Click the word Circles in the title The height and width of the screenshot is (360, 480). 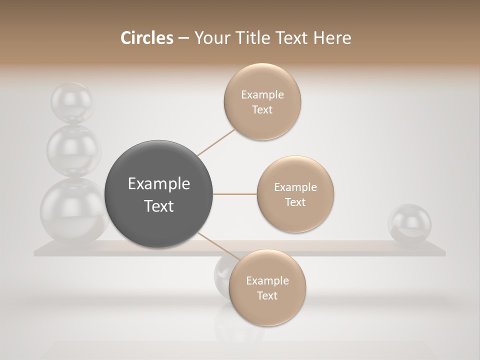point(147,38)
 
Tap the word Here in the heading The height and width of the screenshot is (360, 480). point(332,38)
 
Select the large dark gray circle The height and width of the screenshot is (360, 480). point(159,194)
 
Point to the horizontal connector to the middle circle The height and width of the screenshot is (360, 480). point(235,194)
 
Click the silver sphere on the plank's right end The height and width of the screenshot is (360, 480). point(409,223)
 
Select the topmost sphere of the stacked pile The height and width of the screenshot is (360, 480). point(71,101)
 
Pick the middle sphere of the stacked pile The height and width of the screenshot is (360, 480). point(73,149)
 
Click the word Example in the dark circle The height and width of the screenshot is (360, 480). point(159,184)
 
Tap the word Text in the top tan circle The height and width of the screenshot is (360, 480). point(262,110)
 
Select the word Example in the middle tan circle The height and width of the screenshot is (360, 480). point(295,187)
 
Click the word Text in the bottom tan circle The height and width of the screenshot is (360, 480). point(267,296)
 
